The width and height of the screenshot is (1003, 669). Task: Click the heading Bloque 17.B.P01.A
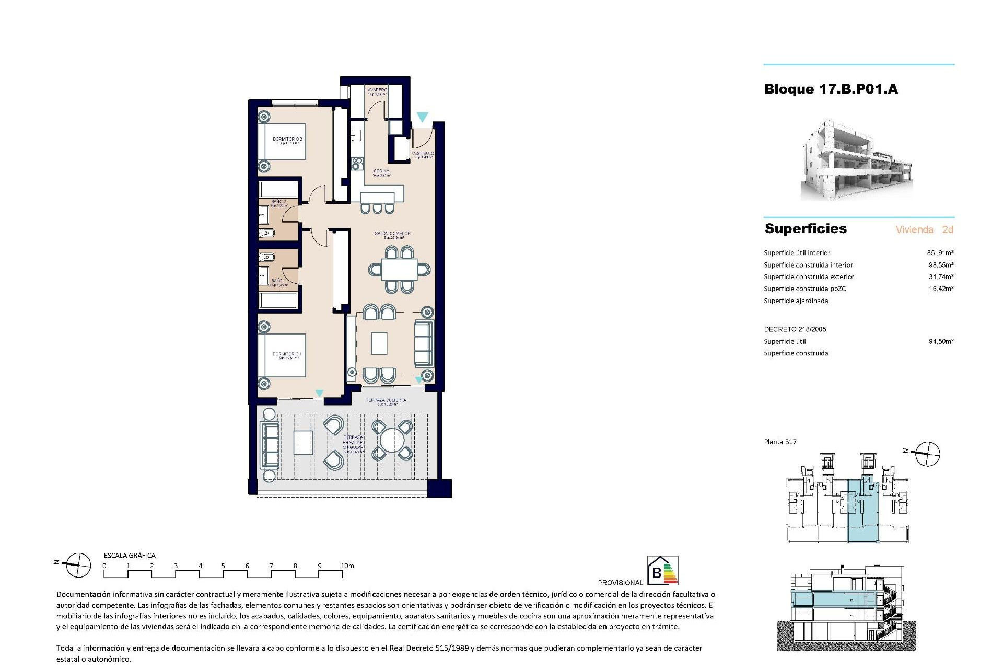(831, 89)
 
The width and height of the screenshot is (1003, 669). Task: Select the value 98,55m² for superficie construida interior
(941, 265)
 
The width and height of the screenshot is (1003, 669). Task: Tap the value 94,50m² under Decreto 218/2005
(941, 341)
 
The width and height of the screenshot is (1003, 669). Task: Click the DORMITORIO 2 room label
(287, 140)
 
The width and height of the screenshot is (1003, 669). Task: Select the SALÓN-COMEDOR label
(392, 234)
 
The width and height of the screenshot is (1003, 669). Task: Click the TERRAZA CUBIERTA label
(386, 401)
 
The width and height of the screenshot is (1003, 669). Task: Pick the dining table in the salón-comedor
(399, 270)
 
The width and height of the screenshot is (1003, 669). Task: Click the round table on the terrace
(391, 440)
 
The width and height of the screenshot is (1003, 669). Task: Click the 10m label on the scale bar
(347, 566)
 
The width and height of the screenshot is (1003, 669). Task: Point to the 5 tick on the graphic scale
(223, 566)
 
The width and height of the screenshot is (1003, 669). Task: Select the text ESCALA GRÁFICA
(130, 556)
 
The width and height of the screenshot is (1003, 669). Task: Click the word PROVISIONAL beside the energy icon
(620, 582)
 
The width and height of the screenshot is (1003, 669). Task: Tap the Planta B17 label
(780, 442)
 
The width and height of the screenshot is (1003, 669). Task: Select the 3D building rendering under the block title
(857, 160)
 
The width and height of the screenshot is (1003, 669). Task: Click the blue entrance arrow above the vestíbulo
(422, 117)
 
